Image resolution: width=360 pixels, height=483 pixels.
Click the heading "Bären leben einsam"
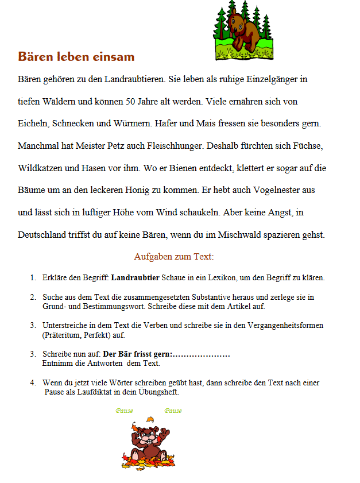tap(76, 57)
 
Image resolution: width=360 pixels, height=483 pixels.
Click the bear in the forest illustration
tap(240, 29)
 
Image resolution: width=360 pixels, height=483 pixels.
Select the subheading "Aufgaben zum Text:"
tap(173, 256)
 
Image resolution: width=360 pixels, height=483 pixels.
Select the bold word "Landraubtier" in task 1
tap(135, 278)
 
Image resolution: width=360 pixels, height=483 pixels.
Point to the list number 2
tap(33, 297)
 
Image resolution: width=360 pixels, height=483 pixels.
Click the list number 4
tap(33, 382)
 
